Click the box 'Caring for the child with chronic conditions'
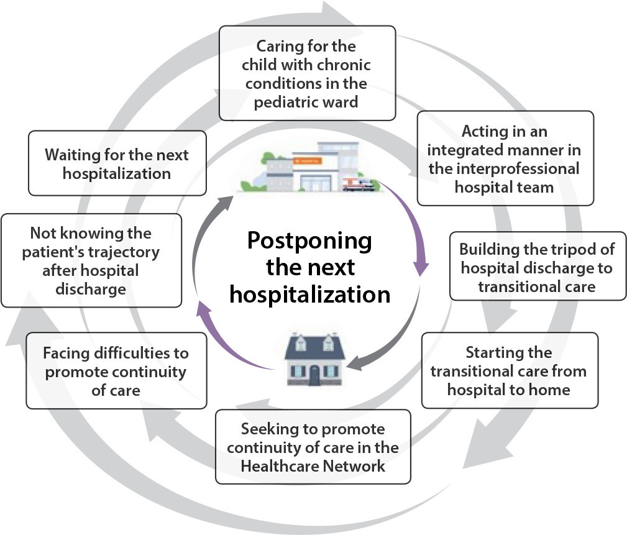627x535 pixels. [x=307, y=73]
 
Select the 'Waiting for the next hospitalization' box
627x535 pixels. [x=117, y=163]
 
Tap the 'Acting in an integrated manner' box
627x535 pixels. [x=505, y=158]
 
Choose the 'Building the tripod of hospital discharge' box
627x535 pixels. [x=538, y=266]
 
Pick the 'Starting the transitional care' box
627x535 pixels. [x=510, y=370]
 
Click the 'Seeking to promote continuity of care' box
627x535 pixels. [x=313, y=447]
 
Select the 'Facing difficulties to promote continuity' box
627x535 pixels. [x=116, y=371]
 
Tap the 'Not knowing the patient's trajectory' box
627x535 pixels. [x=91, y=260]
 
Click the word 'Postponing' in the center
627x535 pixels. [x=309, y=241]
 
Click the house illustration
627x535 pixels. [x=314, y=359]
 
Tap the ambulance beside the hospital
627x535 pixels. [x=359, y=185]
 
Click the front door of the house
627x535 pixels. [x=314, y=376]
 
